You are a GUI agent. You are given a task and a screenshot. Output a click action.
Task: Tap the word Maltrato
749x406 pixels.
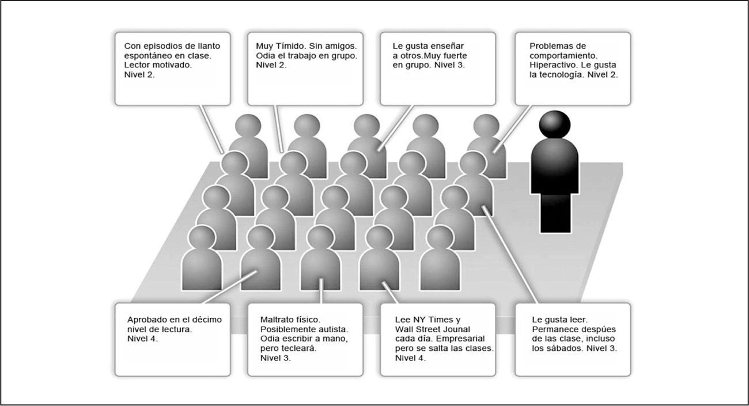coord(279,319)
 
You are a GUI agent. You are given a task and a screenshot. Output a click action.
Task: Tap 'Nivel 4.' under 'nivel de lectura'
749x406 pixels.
coord(142,339)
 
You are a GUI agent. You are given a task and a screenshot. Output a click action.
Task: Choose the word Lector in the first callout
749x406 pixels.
coord(138,65)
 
